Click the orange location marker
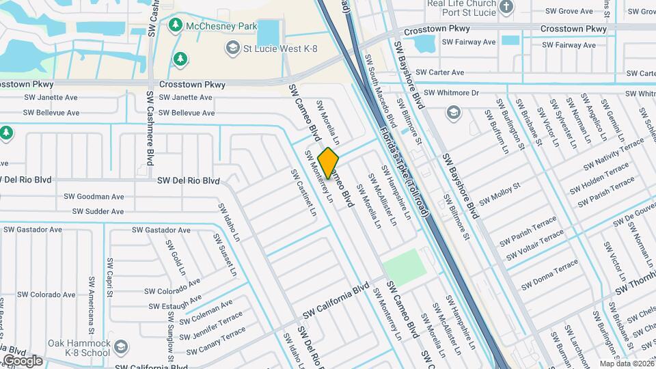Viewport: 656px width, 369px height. [329, 163]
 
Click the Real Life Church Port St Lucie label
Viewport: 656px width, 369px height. [465, 9]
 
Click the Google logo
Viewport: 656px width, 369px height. [23, 361]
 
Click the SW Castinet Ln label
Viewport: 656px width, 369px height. [304, 193]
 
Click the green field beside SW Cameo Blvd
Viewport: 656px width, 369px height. [404, 266]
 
